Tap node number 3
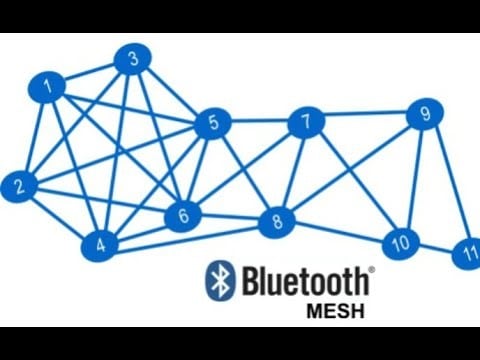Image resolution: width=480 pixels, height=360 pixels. (x=132, y=60)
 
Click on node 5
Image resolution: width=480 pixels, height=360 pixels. (x=213, y=125)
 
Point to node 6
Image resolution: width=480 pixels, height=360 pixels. (x=183, y=215)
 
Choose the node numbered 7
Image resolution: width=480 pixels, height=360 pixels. (x=306, y=122)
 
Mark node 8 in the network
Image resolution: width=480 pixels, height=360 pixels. (x=277, y=223)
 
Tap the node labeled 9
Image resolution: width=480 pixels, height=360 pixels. (x=425, y=115)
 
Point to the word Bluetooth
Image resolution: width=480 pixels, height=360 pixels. (x=307, y=281)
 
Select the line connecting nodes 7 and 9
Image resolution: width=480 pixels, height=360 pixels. (x=365, y=118)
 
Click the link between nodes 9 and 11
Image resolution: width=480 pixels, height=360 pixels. (x=446, y=185)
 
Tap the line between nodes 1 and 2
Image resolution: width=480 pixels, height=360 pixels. (x=33, y=136)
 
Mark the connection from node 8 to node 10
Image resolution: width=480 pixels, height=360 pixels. (x=339, y=233)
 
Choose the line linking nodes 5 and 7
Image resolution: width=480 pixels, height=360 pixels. (x=260, y=123)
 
